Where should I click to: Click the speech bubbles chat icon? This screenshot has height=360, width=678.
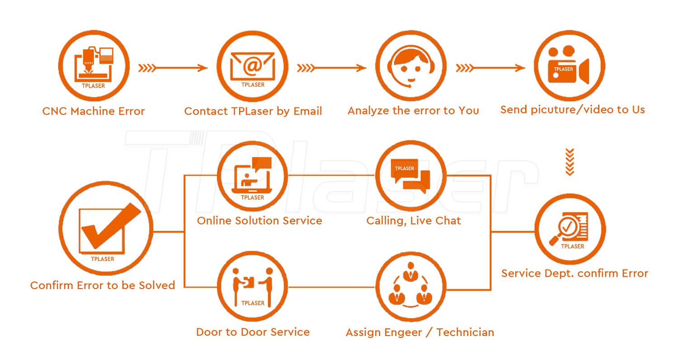click(x=411, y=176)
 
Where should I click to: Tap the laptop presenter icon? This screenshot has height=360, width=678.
click(x=252, y=176)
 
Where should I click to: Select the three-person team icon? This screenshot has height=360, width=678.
click(x=411, y=287)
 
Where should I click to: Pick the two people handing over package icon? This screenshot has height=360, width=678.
click(x=252, y=286)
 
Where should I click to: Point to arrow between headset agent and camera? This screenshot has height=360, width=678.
click(x=490, y=68)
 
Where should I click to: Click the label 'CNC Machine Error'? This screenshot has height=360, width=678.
click(x=94, y=111)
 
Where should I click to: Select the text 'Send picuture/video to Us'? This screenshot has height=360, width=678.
click(x=572, y=110)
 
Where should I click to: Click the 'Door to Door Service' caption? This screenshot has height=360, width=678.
click(x=253, y=332)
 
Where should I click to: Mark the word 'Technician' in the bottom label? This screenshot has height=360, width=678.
click(x=465, y=333)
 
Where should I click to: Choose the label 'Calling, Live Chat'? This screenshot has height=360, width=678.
click(x=414, y=221)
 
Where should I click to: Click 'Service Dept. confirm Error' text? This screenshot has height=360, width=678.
click(x=574, y=273)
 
